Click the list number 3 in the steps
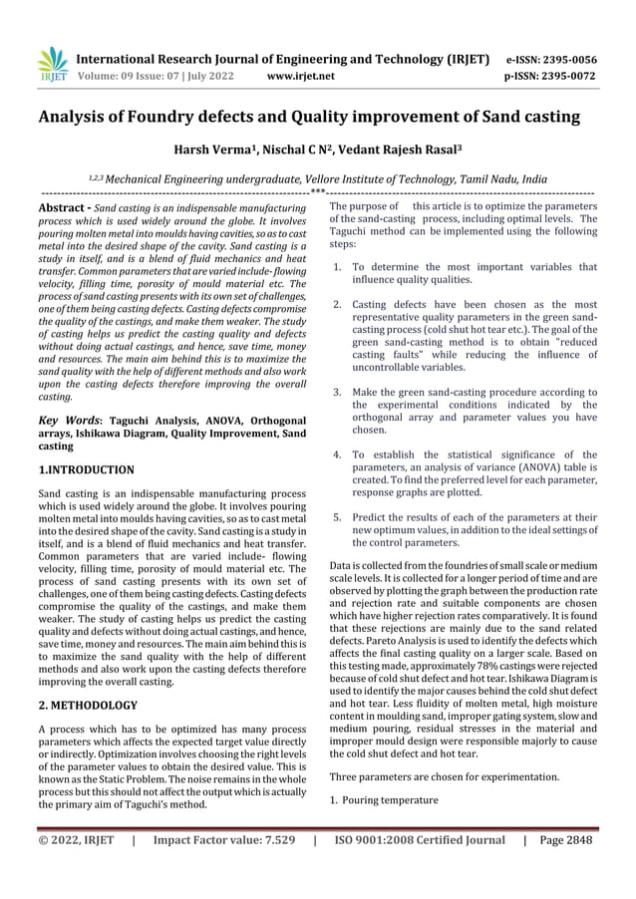[338, 393]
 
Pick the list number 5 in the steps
[338, 517]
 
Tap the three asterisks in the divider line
[317, 189]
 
